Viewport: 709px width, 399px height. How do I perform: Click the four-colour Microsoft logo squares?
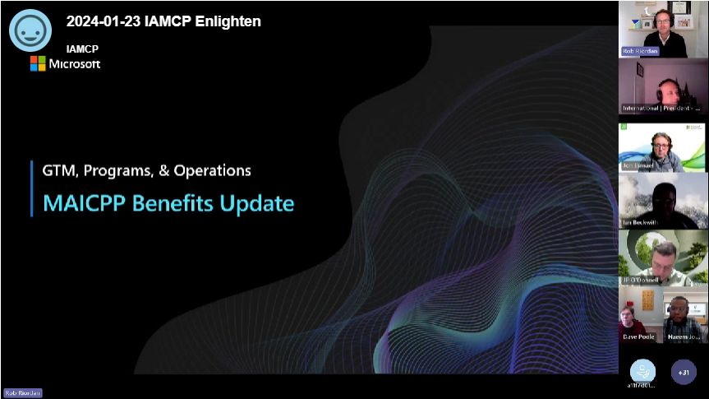(x=38, y=63)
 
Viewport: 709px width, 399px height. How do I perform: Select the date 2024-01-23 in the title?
(x=103, y=21)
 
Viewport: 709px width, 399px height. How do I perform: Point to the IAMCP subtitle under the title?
(x=82, y=49)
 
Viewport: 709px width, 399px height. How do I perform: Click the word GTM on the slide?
(x=58, y=170)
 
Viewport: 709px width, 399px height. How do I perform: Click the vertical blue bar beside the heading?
(x=32, y=188)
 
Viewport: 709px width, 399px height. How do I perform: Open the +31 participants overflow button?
(x=684, y=372)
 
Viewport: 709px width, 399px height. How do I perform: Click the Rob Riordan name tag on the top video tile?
(x=640, y=51)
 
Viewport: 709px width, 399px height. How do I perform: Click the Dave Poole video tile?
(x=639, y=315)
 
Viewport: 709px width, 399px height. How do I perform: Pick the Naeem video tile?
(x=686, y=315)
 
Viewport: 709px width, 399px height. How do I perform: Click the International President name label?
(x=661, y=108)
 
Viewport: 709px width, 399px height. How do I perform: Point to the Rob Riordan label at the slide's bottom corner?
(x=22, y=392)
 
